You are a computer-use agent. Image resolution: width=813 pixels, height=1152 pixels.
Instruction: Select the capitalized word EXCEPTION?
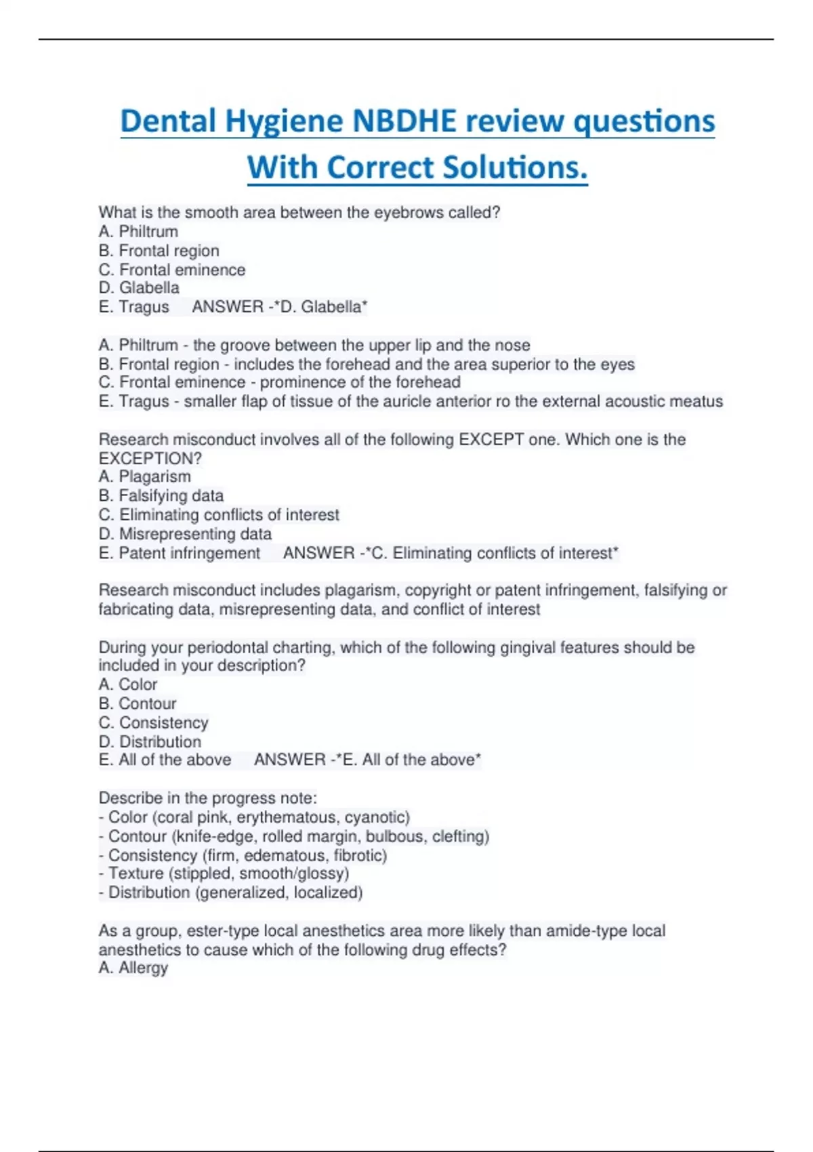coord(150,458)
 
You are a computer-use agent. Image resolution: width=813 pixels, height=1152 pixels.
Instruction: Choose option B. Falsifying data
coord(161,495)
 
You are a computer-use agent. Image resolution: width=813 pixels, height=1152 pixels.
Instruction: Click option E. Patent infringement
coord(180,553)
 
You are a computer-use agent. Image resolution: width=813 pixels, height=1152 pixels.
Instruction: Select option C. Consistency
coord(154,722)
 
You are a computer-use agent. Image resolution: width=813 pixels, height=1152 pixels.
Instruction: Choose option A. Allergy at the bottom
coord(133,968)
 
